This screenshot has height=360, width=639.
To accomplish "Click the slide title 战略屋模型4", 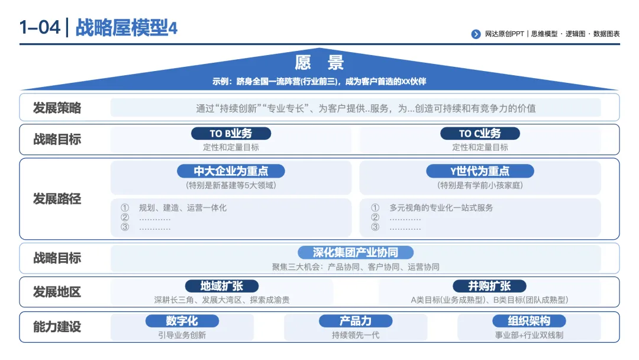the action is click(x=127, y=28).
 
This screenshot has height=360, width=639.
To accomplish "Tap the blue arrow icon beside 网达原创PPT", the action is click(x=476, y=34).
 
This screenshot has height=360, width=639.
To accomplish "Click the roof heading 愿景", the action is click(x=319, y=63).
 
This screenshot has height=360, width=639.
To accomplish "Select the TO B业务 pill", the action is click(x=231, y=133).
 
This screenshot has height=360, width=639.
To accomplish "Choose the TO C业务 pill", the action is click(x=480, y=133).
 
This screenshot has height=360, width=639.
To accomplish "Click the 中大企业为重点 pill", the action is click(x=231, y=171).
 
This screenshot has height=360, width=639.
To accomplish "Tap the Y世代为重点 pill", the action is click(x=480, y=171).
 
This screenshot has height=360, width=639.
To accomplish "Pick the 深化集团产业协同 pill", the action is click(x=356, y=252).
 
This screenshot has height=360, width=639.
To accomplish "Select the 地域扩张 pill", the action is click(x=222, y=286).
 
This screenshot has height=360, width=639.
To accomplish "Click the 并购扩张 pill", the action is click(x=489, y=286).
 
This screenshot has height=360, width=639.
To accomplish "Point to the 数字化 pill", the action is click(x=182, y=321).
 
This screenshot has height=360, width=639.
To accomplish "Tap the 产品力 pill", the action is click(x=356, y=321).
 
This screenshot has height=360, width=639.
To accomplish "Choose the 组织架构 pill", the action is click(x=529, y=321).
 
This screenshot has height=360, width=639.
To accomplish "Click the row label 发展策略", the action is click(x=57, y=108).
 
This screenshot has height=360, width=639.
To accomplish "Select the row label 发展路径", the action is click(x=57, y=199).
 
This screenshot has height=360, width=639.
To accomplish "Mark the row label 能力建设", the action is click(x=57, y=327).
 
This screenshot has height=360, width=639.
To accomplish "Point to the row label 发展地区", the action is click(x=57, y=292).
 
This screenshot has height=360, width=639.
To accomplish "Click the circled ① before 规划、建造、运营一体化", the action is click(x=125, y=208).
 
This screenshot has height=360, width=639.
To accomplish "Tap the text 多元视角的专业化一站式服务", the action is click(x=441, y=208).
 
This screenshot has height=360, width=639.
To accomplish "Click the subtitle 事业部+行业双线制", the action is click(x=529, y=335).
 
